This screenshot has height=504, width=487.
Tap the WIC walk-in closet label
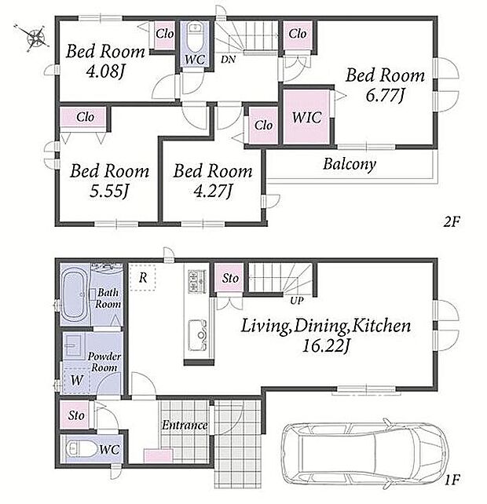306,117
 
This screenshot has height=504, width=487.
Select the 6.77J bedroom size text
385,96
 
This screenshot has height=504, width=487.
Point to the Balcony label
350,164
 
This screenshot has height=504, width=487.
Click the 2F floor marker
452,221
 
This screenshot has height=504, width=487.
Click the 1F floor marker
452,480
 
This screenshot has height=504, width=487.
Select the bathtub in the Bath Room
74,294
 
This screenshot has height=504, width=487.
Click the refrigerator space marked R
143,278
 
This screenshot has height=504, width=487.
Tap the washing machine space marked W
76,380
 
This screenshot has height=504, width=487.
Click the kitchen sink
197,335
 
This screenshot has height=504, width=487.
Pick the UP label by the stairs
297,301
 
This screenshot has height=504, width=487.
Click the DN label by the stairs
228,59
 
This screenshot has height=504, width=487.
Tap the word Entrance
185,425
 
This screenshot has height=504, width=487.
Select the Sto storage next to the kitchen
229,278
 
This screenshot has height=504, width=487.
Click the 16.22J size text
325,346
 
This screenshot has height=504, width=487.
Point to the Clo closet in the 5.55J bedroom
84,117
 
